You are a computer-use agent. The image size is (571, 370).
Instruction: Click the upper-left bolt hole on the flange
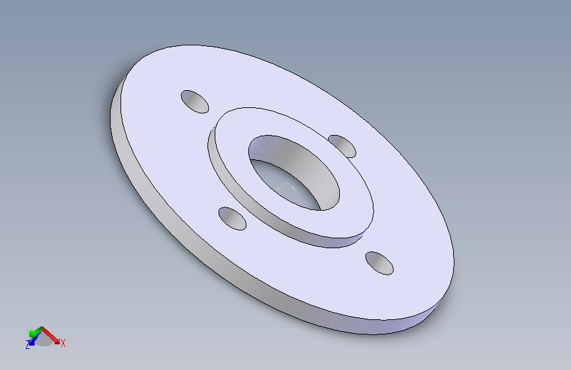195,101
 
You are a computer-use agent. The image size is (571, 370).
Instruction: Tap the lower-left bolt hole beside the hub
232,219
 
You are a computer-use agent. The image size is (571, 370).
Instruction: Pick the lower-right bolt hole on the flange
379,263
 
